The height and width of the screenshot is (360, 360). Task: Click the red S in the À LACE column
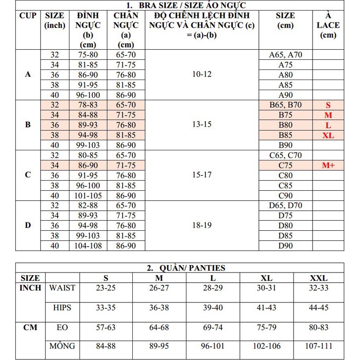(328, 105)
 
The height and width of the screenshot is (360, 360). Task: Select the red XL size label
(328, 135)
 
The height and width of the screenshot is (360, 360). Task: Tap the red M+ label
(328, 165)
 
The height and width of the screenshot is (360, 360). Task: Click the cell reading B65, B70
(285, 105)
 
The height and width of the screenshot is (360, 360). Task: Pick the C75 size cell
(285, 165)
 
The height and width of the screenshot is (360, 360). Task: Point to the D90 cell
(285, 246)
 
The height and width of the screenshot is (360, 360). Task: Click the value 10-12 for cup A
(202, 74)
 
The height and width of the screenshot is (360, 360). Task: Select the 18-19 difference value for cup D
(202, 225)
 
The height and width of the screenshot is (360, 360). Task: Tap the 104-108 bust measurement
(88, 246)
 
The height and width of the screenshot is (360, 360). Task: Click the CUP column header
(28, 16)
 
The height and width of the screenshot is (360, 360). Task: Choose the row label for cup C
(28, 175)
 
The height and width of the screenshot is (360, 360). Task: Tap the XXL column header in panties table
(318, 278)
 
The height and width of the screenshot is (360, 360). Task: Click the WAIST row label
(62, 288)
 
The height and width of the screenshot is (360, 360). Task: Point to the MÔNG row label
(62, 346)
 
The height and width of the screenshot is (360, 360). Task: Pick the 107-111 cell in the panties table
(318, 346)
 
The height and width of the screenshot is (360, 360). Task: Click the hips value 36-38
(159, 308)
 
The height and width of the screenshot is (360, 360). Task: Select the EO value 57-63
(105, 327)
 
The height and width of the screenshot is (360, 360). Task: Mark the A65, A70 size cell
(285, 55)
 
